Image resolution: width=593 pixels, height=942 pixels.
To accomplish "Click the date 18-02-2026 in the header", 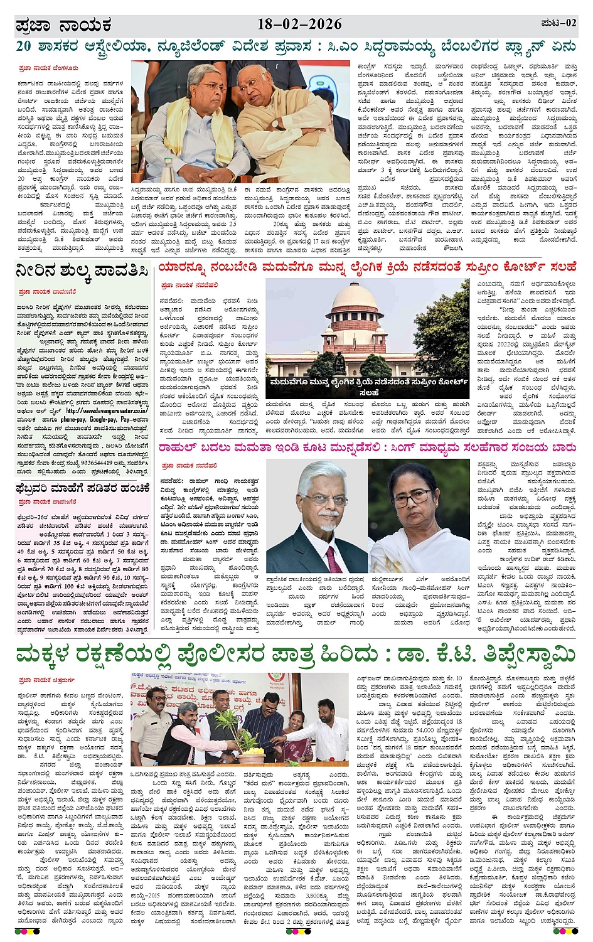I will coord(299,24).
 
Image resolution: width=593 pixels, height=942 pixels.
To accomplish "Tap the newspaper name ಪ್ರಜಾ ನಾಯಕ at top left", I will coord(64,26).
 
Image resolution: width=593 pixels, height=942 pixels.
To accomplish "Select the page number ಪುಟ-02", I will coord(558,23).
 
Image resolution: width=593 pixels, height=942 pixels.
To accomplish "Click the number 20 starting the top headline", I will coord(24,46).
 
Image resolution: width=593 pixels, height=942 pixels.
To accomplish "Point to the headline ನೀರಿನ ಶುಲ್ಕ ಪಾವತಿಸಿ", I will coord(82,271).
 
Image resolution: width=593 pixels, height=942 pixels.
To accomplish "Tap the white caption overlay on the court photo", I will coord(369,386).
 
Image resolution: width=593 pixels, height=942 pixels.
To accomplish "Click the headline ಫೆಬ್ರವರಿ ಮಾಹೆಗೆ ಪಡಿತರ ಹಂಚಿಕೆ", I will coord(83,488).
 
